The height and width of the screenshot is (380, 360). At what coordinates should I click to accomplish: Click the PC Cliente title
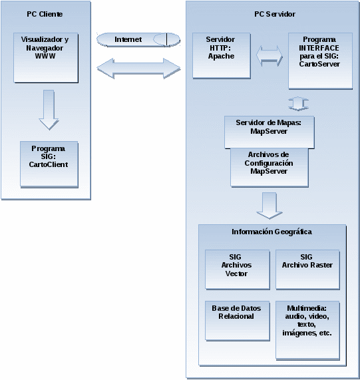[x=45, y=14]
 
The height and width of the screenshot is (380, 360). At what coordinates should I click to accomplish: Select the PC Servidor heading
[x=275, y=14]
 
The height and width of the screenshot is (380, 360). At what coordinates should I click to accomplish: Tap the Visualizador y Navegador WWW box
[x=46, y=58]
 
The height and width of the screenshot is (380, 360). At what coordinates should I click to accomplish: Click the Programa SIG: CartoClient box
[x=49, y=164]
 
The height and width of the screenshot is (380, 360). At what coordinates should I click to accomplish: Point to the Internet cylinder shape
[x=138, y=39]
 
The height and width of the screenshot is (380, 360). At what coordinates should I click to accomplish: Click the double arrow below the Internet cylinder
[x=138, y=69]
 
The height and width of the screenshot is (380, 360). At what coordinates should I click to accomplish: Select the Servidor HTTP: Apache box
[x=222, y=55]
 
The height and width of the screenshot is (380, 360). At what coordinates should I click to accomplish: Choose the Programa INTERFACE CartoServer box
[x=320, y=61]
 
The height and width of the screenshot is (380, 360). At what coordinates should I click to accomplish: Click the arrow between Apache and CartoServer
[x=270, y=56]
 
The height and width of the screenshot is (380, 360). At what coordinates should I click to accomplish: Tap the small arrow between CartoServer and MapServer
[x=298, y=104]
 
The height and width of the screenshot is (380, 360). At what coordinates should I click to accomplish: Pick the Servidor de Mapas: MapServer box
[x=269, y=132]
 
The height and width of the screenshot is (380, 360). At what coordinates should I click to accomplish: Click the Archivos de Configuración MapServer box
[x=269, y=168]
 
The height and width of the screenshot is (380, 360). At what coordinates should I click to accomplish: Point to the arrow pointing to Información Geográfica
[x=270, y=206]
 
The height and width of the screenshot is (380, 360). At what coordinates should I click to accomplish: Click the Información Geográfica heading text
[x=271, y=232]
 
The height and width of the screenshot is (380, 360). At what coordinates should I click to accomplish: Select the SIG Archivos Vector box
[x=237, y=270]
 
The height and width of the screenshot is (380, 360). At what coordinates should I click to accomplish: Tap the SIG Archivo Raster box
[x=307, y=270]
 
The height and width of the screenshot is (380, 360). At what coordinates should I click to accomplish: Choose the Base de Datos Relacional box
[x=237, y=321]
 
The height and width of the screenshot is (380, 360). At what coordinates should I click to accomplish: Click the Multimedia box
[x=307, y=330]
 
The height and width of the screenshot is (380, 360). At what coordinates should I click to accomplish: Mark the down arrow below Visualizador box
[x=49, y=110]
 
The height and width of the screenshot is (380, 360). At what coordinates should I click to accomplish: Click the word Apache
[x=221, y=56]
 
